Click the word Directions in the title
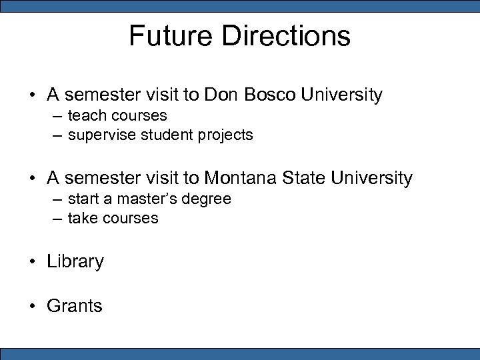pyautogui.click(x=287, y=36)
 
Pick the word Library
pyautogui.click(x=75, y=262)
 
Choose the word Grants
pyautogui.click(x=75, y=306)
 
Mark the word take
pyautogui.click(x=83, y=218)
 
